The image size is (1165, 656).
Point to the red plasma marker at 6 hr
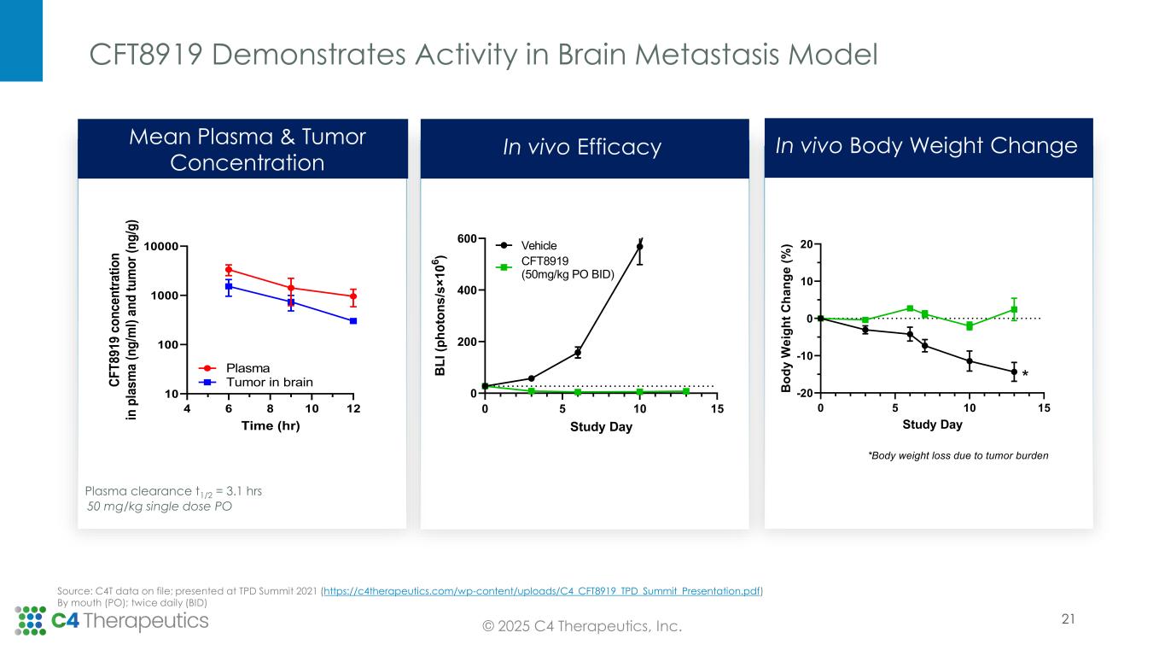point(229,270)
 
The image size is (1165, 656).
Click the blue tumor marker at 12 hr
point(353,321)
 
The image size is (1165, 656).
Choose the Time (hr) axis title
point(270,426)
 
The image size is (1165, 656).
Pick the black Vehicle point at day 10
point(640,246)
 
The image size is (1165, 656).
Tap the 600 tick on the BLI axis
point(465,239)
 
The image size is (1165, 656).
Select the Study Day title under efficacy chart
point(602,427)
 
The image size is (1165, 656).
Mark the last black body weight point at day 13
point(1014,372)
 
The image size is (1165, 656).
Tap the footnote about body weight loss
point(958,455)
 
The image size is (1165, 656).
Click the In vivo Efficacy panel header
point(582,148)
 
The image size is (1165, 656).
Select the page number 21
point(1068,620)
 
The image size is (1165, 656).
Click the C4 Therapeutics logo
point(112,621)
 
